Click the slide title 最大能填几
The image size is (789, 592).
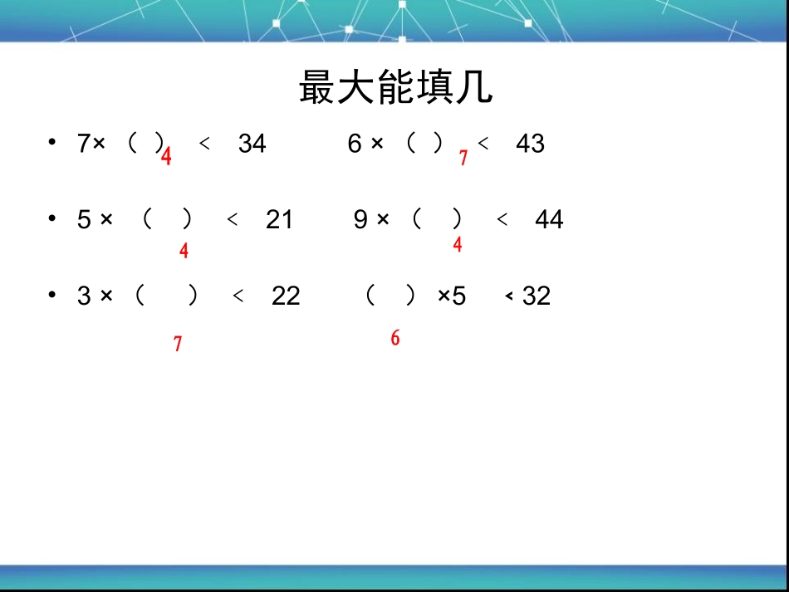395,88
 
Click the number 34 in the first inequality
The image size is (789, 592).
252,144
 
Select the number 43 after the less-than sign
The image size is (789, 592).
530,144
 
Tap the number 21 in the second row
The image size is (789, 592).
279,220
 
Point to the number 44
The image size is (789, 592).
549,220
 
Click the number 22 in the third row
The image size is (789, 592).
286,296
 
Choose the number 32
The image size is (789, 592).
537,296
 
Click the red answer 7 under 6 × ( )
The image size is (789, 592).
463,158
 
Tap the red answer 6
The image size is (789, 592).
395,338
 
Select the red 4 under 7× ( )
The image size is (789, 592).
166,157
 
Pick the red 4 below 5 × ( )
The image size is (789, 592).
184,251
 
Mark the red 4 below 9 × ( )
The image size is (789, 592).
458,245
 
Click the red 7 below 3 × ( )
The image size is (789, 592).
178,344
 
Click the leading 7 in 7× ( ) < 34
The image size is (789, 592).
83,144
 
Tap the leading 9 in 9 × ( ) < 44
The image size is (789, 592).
360,220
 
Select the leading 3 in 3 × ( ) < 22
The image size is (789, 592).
83,296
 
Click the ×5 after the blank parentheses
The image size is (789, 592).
452,296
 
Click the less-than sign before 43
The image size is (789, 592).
483,144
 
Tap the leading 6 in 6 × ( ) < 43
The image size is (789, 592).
355,144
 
